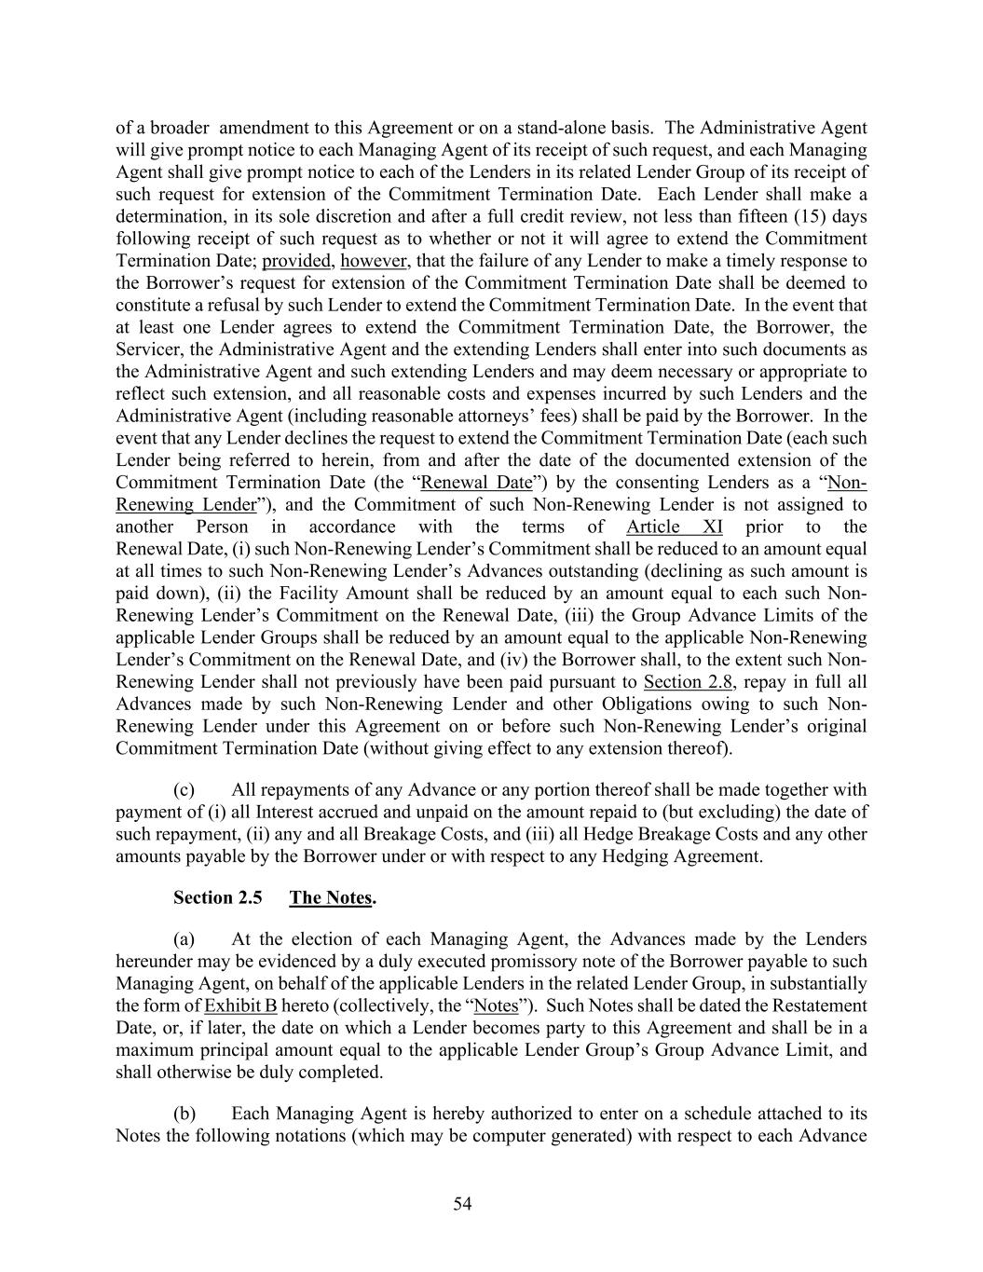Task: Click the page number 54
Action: (463, 1204)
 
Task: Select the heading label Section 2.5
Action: (217, 897)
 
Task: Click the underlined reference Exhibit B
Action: (240, 1005)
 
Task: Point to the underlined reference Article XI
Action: (675, 527)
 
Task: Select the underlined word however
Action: (374, 261)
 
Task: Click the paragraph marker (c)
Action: (184, 789)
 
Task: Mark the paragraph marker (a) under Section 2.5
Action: (184, 938)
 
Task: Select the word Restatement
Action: (818, 1005)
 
